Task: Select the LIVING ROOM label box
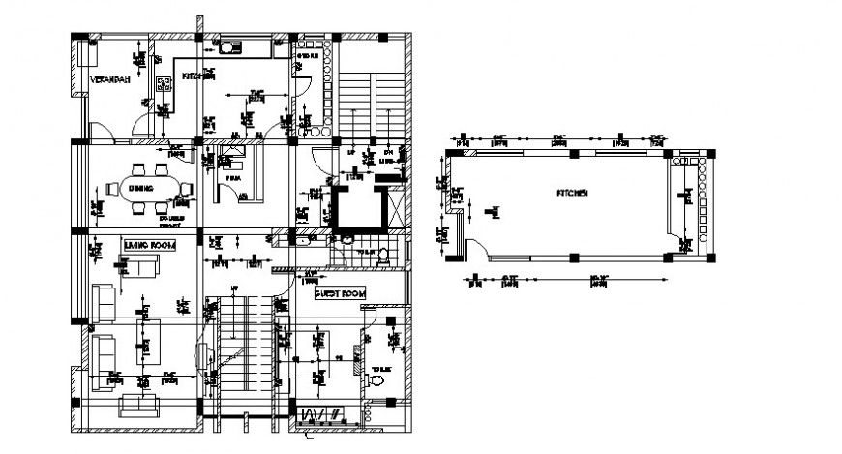149,246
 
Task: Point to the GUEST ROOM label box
340,292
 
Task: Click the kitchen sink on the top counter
230,45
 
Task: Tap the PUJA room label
232,179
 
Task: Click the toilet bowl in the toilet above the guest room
384,255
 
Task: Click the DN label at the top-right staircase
389,153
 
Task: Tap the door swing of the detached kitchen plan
471,250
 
